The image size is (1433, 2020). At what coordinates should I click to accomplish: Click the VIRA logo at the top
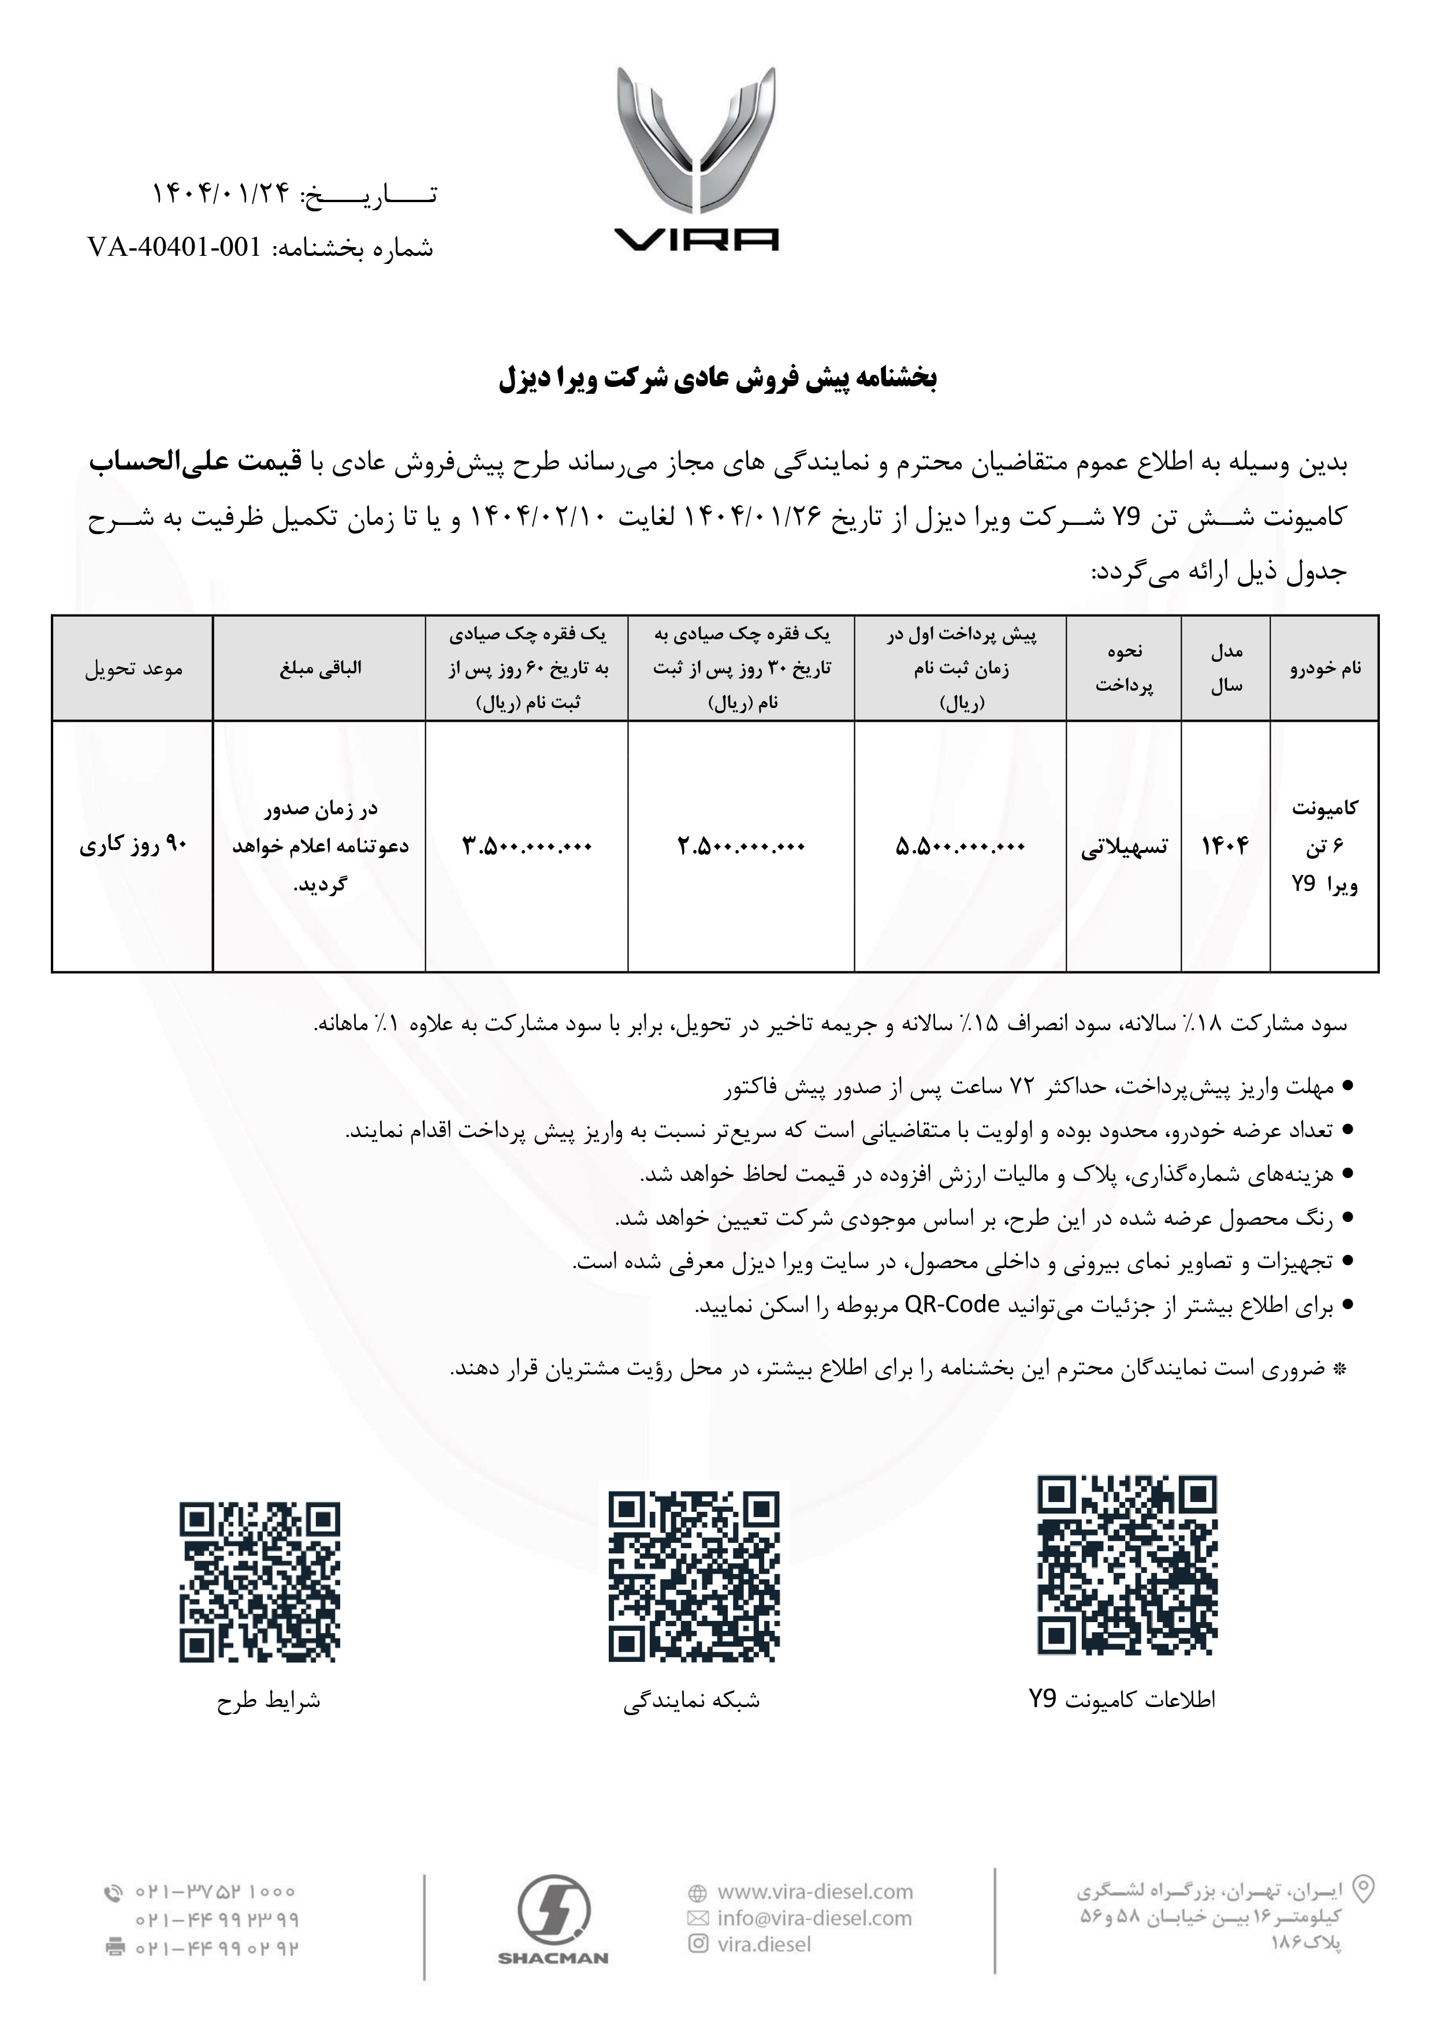click(696, 159)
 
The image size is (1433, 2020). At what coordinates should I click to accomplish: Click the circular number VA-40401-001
click(174, 248)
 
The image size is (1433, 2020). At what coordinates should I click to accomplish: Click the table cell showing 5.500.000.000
click(960, 846)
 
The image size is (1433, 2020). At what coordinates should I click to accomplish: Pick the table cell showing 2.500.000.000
click(741, 846)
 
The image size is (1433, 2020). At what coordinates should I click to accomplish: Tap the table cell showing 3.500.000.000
click(527, 846)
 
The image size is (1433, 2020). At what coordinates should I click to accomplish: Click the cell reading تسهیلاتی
click(1123, 846)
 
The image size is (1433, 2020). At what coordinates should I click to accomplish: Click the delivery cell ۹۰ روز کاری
click(133, 846)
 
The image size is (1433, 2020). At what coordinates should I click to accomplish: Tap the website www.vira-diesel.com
click(814, 1891)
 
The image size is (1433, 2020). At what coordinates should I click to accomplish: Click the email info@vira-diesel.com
click(814, 1918)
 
